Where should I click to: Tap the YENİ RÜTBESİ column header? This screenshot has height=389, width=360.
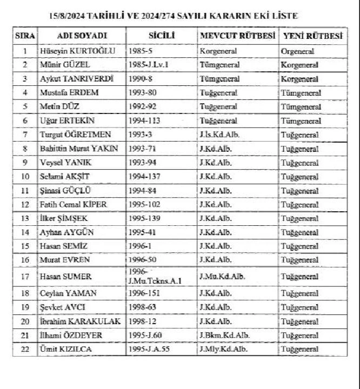click(x=312, y=36)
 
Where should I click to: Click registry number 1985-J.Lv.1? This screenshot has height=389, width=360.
click(x=149, y=64)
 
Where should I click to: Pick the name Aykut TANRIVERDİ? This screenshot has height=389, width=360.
click(x=76, y=78)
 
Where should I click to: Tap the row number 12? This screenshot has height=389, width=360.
click(x=25, y=204)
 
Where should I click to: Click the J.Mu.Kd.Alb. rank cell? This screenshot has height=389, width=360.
click(x=223, y=276)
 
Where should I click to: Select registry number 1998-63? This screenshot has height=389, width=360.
click(x=143, y=307)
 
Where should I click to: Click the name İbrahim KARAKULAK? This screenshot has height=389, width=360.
click(x=79, y=321)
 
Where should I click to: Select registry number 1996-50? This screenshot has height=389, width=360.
click(x=143, y=260)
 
